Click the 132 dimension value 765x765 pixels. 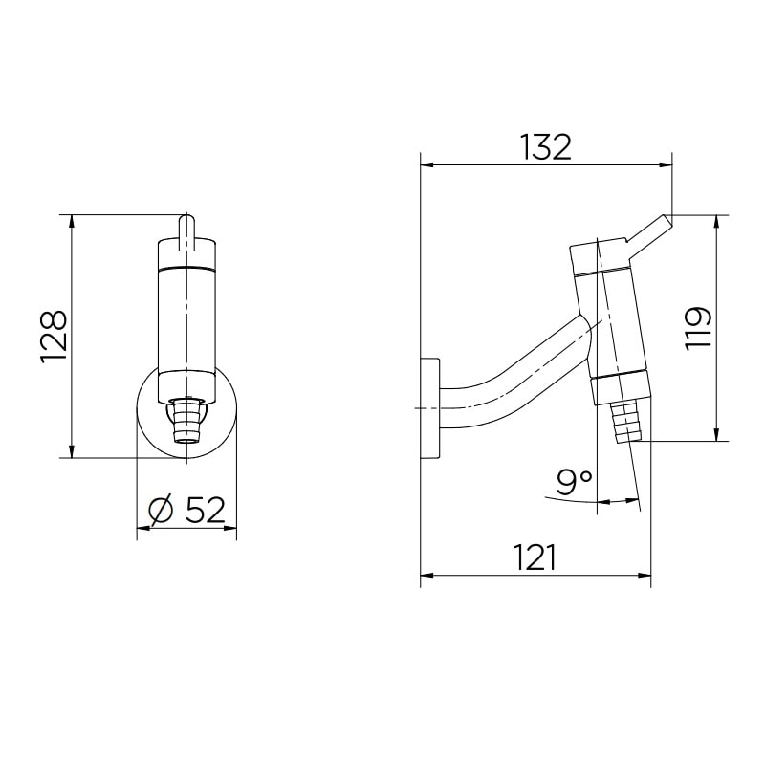pyautogui.click(x=545, y=146)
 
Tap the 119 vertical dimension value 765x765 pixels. pyautogui.click(x=699, y=327)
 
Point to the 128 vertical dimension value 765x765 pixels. pyautogui.click(x=54, y=336)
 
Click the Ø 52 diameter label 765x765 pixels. pyautogui.click(x=186, y=511)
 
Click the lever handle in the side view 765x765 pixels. pyautogui.click(x=651, y=235)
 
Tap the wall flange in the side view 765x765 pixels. pyautogui.click(x=430, y=408)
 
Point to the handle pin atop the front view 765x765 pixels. pyautogui.click(x=187, y=229)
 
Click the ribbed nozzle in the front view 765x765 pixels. pyautogui.click(x=186, y=421)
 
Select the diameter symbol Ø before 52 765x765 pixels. pyautogui.click(x=161, y=512)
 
